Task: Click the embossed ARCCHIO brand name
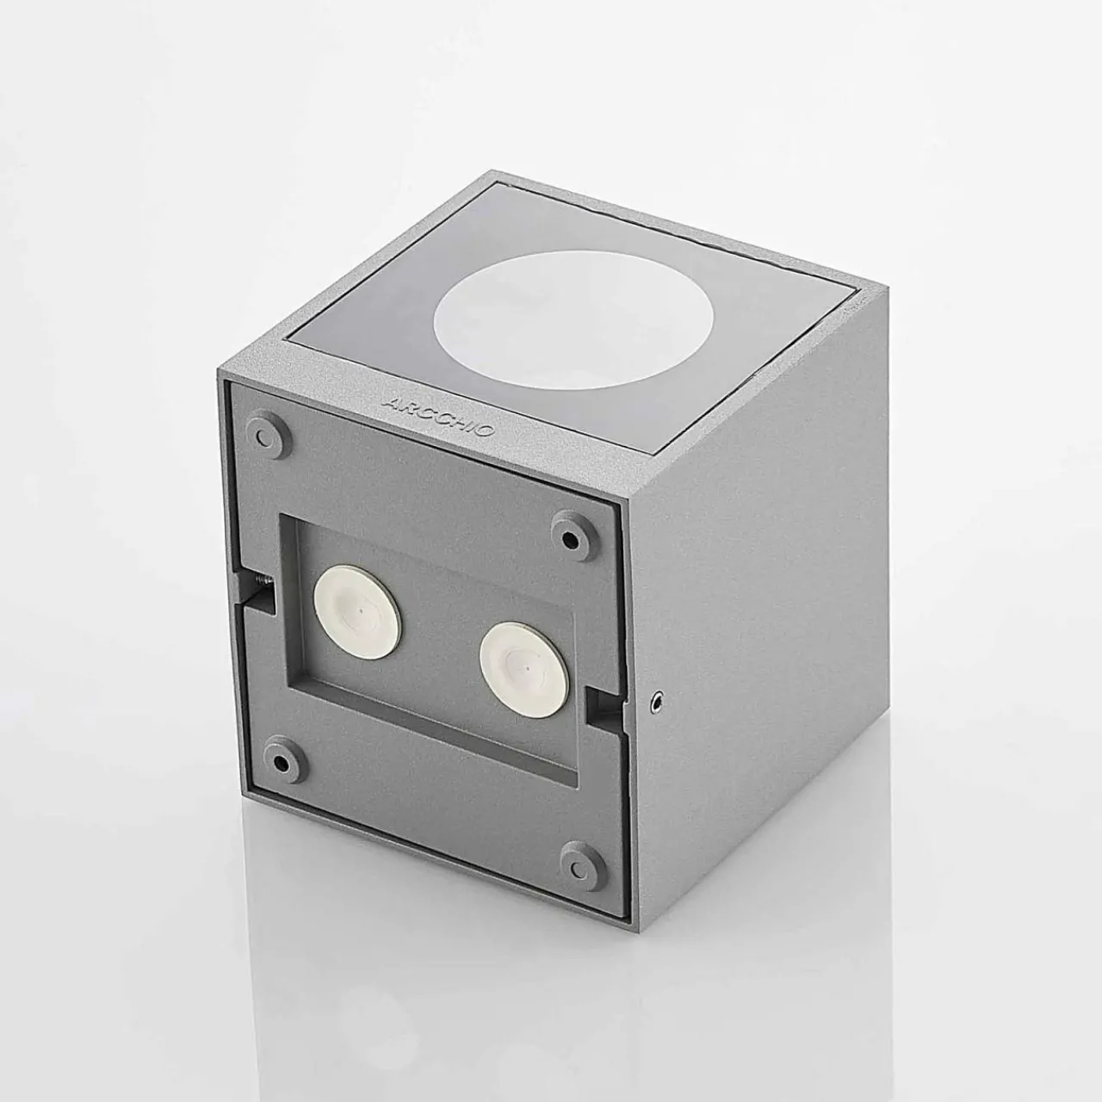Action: pyautogui.click(x=438, y=418)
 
